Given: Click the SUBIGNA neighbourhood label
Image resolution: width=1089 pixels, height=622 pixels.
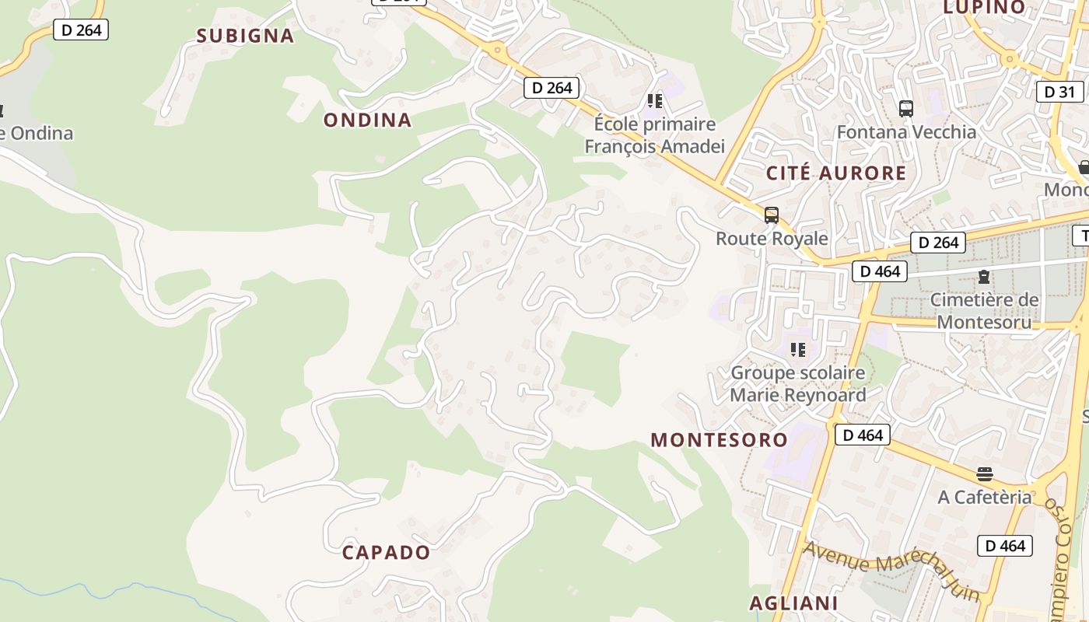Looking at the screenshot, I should coord(245,36).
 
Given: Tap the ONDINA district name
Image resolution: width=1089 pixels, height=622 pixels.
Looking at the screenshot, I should coord(367,120).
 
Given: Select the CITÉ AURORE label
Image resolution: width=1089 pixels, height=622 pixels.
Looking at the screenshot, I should coord(836,173).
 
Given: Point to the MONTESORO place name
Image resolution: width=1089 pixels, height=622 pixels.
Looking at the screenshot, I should coord(720,440).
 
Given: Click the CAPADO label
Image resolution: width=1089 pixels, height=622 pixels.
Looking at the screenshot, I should coord(386,553).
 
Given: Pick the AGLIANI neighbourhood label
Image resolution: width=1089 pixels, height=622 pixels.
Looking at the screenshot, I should coord(793,603).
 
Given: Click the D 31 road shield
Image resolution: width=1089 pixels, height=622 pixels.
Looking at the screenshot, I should coord(1059,92).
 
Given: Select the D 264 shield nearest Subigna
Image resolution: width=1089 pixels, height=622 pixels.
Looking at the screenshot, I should coord(81,30).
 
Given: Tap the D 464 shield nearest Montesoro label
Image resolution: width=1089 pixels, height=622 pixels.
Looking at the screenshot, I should coord(863,435).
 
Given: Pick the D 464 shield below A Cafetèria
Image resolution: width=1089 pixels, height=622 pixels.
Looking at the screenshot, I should coord(1005,546).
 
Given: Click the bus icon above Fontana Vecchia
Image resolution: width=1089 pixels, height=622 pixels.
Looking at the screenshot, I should coord(905,109).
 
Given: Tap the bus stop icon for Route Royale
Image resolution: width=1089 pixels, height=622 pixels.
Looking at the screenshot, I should coord(772,215).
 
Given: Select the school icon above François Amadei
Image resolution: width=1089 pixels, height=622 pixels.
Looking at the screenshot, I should coord(655,101).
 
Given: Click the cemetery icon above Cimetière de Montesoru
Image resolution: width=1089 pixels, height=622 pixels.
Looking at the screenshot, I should coord(984,277).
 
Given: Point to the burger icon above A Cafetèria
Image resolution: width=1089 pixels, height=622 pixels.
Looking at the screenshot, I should coord(985,474).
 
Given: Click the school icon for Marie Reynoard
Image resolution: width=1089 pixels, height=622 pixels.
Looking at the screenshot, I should coord(798,351).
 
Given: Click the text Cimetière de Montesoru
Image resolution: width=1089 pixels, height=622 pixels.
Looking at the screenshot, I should coord(984,311).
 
